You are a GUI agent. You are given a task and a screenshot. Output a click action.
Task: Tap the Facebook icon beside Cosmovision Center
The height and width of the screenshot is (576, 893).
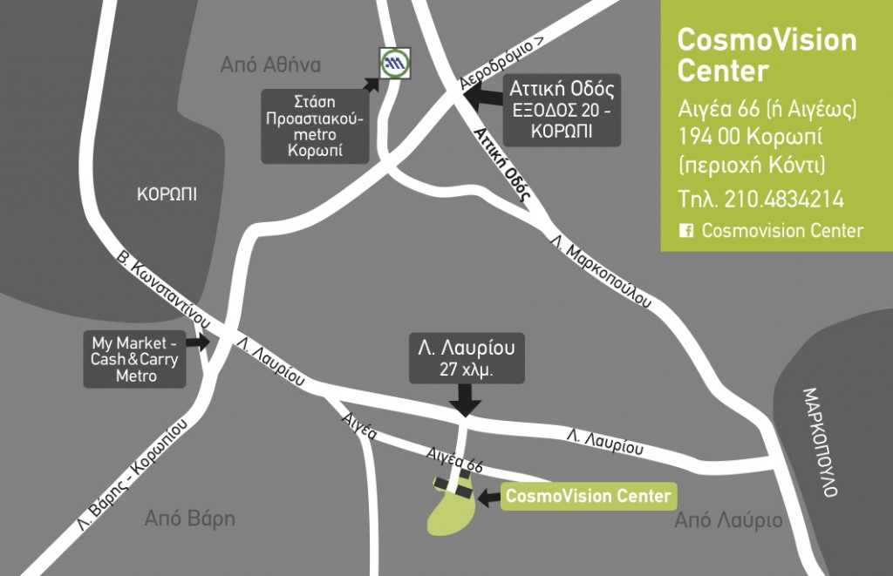[x=686, y=231]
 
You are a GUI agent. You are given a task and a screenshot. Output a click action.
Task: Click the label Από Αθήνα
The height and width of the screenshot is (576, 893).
[x=271, y=65]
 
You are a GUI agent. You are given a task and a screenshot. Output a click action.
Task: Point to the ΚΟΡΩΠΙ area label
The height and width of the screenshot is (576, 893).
[x=167, y=194]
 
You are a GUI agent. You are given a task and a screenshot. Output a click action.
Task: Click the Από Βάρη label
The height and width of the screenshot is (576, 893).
[x=189, y=518]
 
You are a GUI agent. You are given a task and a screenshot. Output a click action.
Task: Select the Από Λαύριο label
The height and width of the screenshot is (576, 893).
[x=728, y=521]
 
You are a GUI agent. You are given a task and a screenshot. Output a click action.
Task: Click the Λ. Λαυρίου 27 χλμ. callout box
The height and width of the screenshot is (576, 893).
[x=467, y=356]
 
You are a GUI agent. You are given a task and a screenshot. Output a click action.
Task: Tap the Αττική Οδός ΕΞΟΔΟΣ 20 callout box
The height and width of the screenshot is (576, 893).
[x=562, y=110]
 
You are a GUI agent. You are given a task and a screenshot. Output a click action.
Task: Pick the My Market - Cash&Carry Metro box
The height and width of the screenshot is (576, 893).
[x=136, y=358]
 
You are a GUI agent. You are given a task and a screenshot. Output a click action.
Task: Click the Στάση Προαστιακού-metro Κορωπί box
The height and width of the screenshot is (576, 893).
[x=315, y=125]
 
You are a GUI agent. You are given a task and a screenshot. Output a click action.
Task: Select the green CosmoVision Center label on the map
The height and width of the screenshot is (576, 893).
[x=588, y=496]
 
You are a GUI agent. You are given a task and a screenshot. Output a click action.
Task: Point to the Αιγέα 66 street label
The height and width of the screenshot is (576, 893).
[x=453, y=458]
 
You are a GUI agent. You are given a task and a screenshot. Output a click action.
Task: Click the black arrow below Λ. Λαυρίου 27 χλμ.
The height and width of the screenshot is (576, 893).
[x=467, y=402]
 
